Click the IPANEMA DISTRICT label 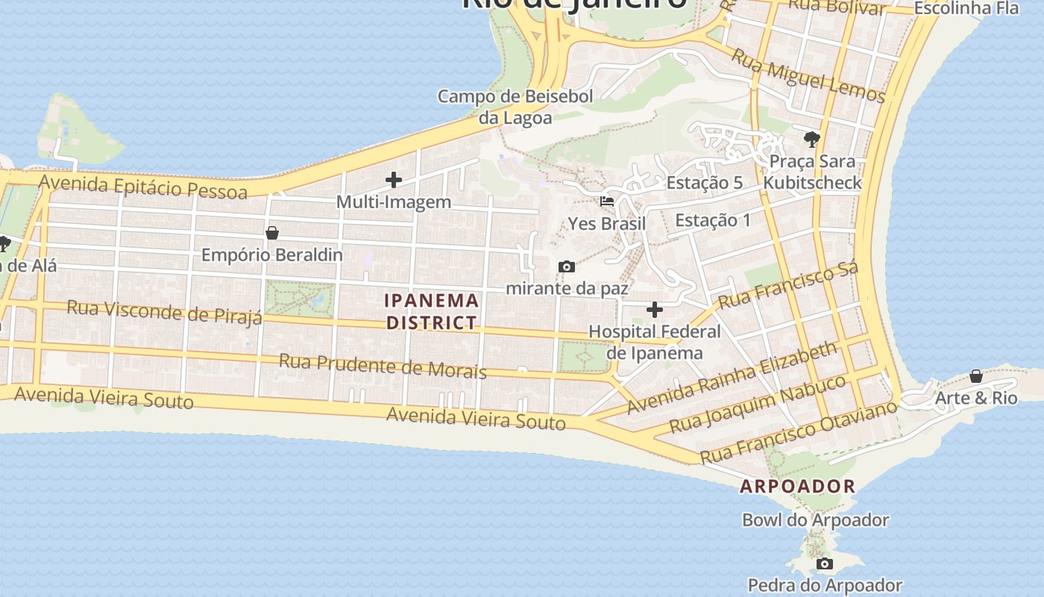(432, 311)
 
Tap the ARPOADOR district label (797, 487)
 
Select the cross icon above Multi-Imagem (394, 180)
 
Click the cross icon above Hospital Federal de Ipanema (655, 310)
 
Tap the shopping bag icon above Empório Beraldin (272, 233)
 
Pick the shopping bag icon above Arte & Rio (975, 376)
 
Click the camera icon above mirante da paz (567, 266)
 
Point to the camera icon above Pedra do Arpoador (824, 563)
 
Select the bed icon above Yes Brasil (607, 201)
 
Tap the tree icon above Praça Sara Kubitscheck (812, 139)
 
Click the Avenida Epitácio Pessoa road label (142, 187)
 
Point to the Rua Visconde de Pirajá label (164, 312)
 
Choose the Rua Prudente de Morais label (383, 366)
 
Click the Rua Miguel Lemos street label (808, 75)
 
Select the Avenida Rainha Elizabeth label (732, 378)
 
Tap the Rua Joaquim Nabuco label (758, 404)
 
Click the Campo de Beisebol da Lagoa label (515, 107)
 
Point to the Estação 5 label (704, 183)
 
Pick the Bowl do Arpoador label (815, 520)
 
